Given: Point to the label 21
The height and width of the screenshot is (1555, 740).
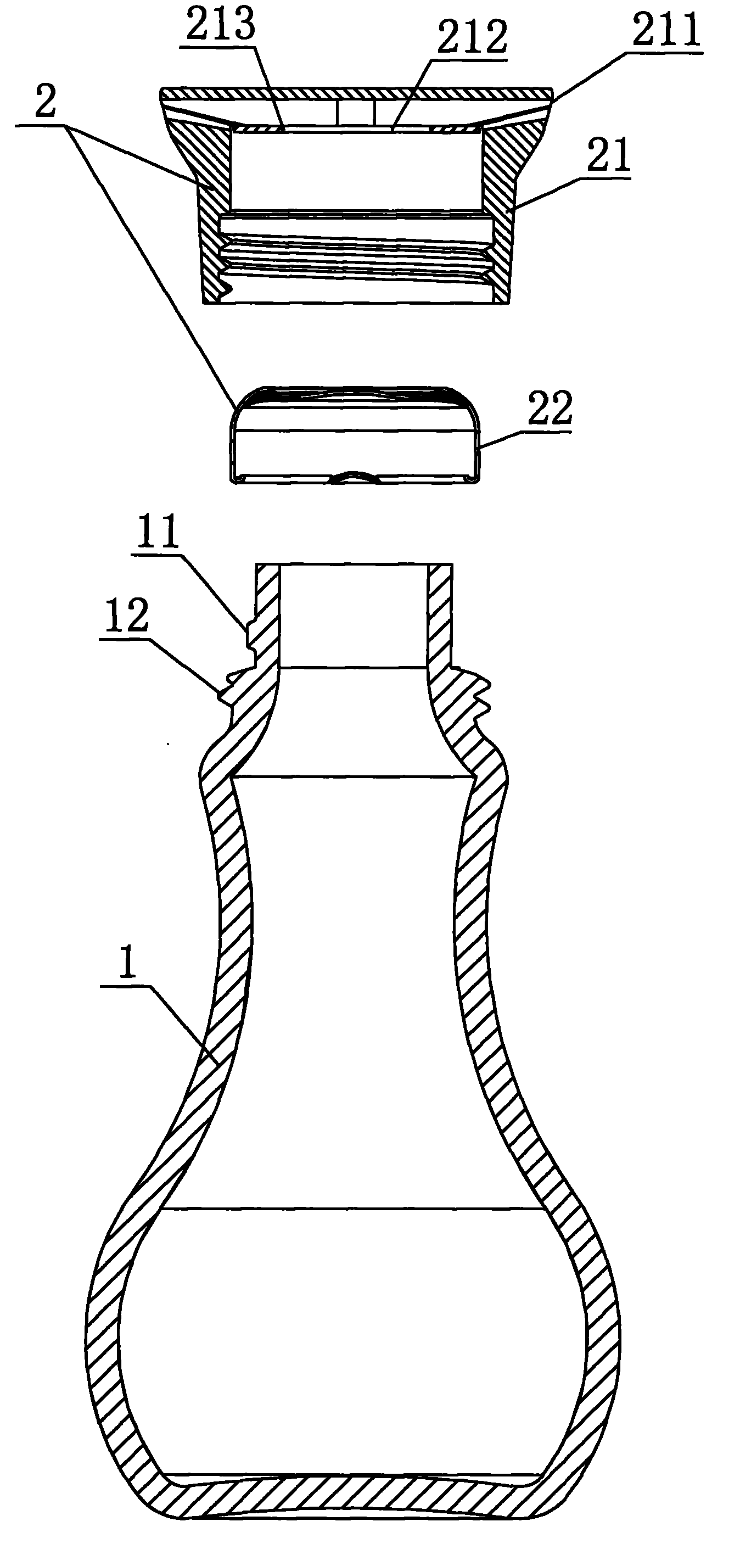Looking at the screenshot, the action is pyautogui.click(x=608, y=156).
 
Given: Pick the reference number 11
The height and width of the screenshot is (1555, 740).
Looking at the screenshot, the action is pyautogui.click(x=156, y=531).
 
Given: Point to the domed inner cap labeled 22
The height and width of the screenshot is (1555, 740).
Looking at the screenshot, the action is pyautogui.click(x=356, y=435).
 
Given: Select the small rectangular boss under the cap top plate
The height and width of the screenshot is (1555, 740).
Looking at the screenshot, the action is pyautogui.click(x=356, y=111).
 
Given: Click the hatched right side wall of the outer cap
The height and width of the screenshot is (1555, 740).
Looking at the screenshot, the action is pyautogui.click(x=503, y=211).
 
